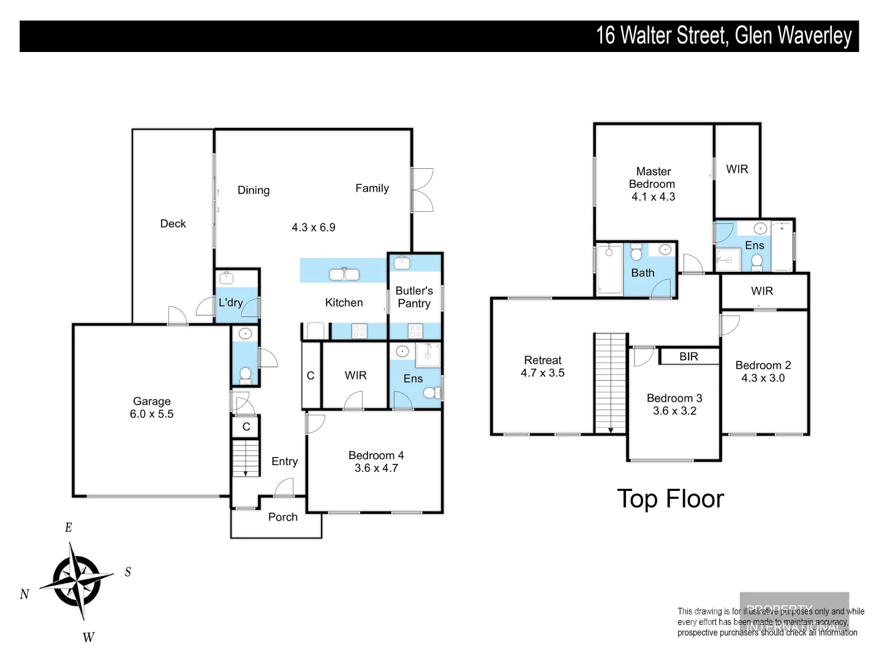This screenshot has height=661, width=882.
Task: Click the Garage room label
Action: [151, 401]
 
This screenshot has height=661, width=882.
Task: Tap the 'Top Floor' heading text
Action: [670, 499]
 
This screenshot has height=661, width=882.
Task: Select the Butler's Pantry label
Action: [414, 297]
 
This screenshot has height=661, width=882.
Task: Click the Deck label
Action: [173, 224]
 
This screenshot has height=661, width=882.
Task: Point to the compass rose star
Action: [77, 579]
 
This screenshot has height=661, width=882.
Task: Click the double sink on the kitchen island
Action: [344, 274]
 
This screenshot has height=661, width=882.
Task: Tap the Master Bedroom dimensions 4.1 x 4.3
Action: [653, 197]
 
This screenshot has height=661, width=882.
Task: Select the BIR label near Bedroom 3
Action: [688, 356]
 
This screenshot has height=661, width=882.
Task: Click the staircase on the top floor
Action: [611, 383]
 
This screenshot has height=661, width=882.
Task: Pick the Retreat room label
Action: [543, 360]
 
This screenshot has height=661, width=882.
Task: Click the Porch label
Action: [282, 517]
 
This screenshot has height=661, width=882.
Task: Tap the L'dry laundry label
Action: [230, 302]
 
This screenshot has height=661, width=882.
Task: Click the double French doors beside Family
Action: [423, 190]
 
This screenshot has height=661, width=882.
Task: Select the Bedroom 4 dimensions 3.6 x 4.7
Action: [376, 468]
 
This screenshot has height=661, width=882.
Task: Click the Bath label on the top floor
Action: [643, 273]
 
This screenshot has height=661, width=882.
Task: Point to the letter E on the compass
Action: [69, 528]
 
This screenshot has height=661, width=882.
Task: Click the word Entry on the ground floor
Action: [284, 461]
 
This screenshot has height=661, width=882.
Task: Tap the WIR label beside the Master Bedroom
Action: [737, 170]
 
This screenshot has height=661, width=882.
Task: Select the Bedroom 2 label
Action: [763, 365]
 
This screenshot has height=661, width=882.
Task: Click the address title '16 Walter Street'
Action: [661, 35]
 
